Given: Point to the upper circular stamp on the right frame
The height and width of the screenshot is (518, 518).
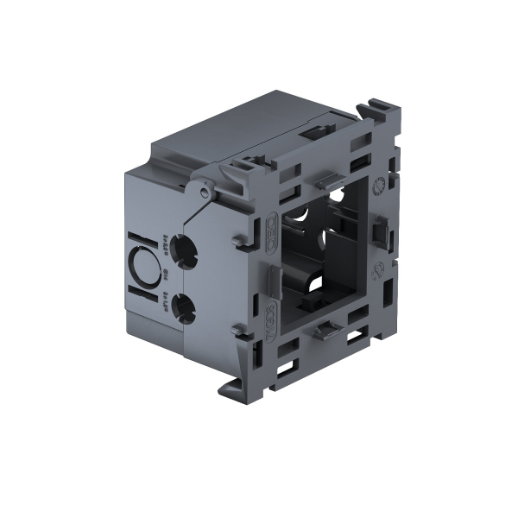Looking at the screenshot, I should coord(378,185).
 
